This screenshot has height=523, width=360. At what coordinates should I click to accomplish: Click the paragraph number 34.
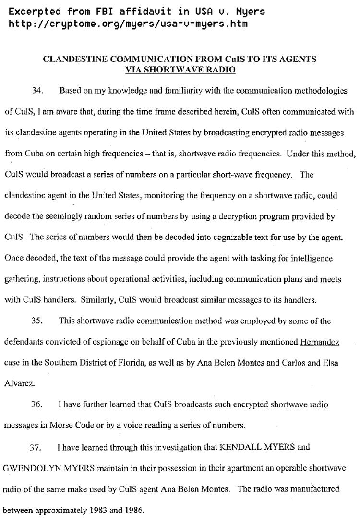tap(37, 91)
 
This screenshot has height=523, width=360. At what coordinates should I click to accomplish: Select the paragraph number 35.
tap(37, 321)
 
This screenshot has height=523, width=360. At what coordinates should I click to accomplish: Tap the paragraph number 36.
tap(37, 404)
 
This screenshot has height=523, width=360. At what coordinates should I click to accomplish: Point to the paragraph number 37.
tap(37, 447)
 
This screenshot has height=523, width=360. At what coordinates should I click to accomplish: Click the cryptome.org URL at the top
tap(128, 23)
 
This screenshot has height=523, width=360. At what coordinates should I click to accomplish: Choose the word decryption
tap(246, 217)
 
